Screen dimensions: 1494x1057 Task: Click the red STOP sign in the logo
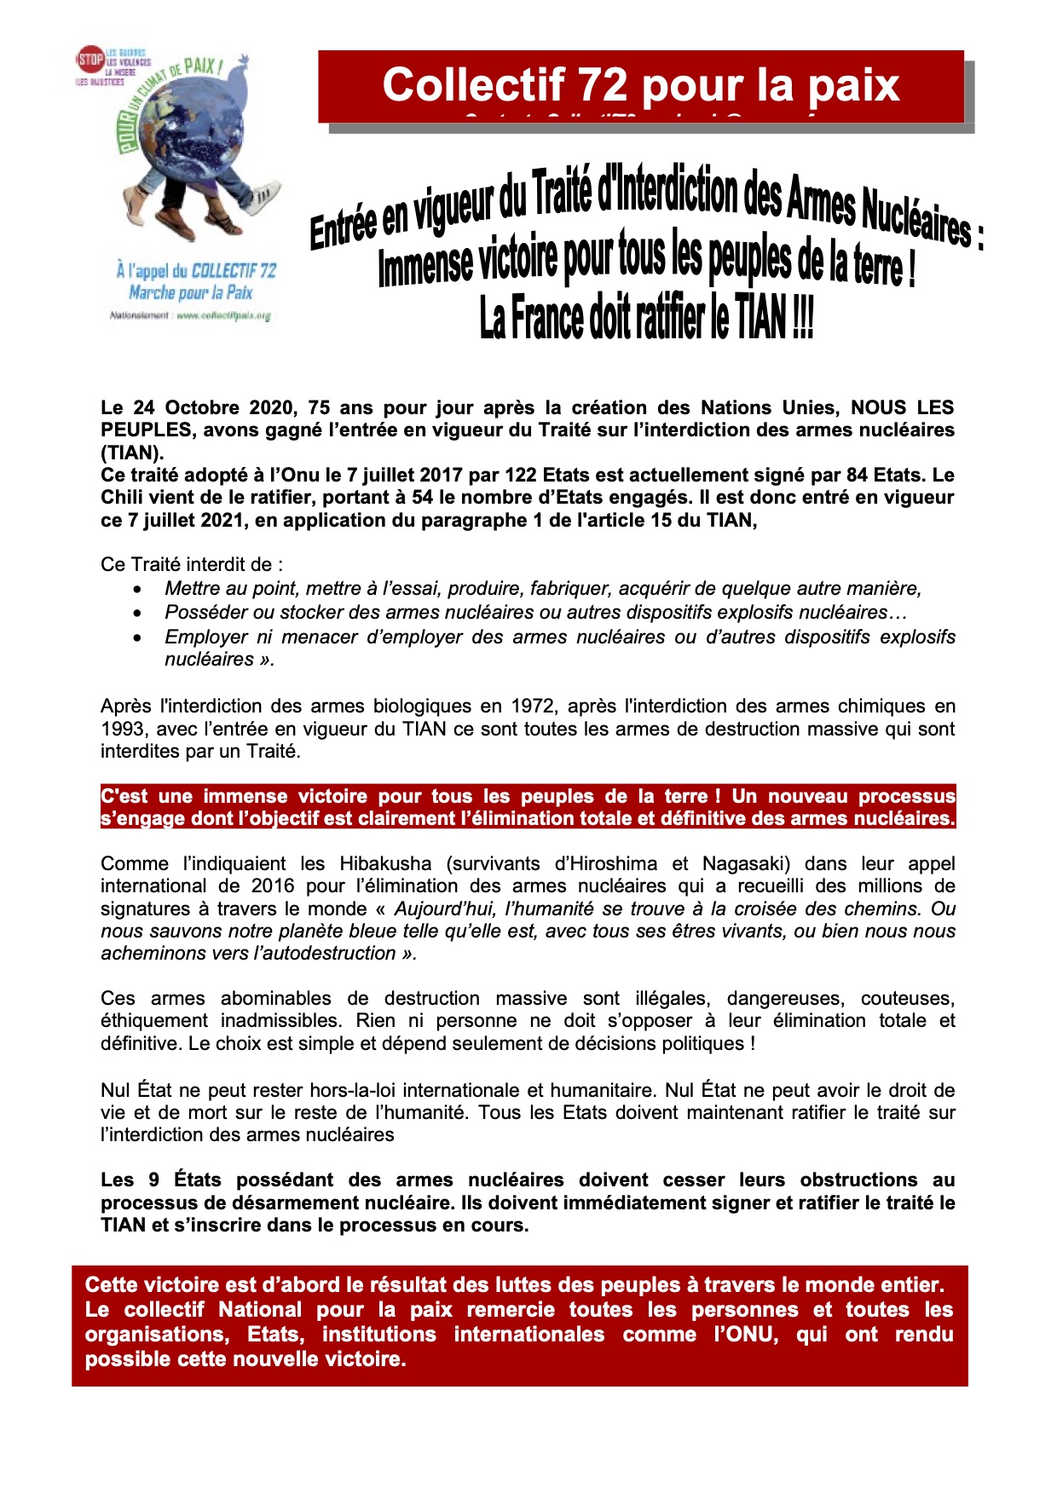[x=90, y=59]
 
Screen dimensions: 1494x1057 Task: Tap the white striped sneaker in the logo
[x=261, y=195]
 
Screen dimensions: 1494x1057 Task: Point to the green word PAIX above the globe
[x=202, y=67]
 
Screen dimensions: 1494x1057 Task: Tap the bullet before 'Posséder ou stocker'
[x=138, y=613]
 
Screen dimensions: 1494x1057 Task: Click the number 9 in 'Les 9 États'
[x=154, y=1180]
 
